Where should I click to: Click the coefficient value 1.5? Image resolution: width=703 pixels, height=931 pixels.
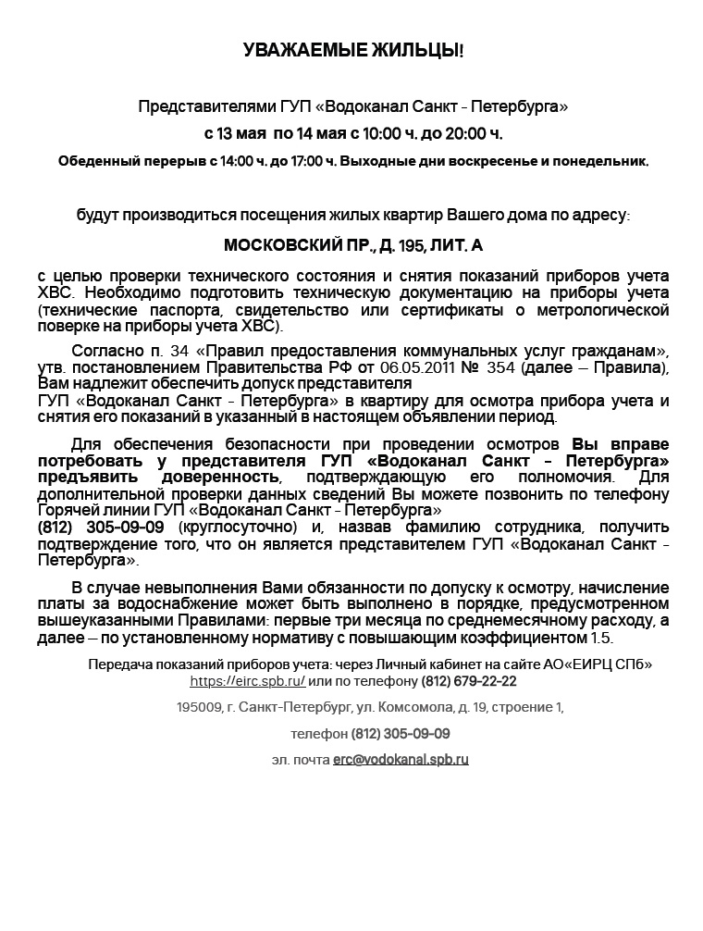pos(601,638)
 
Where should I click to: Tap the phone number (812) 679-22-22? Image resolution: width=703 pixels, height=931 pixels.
pos(468,680)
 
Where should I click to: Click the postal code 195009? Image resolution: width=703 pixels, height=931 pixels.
pos(199,707)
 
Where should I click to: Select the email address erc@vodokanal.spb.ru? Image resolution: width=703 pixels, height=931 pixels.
pos(401,759)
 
